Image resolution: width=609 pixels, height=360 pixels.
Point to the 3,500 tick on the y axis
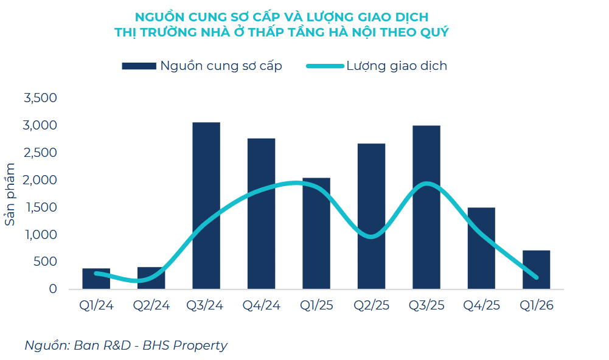tap(40, 98)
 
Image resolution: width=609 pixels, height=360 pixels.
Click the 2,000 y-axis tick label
tap(40, 180)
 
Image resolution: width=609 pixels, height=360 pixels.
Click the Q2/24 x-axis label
tap(151, 305)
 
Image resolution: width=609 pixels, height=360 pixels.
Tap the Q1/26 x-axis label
tap(536, 305)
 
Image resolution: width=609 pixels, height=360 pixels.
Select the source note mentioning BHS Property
tap(125, 345)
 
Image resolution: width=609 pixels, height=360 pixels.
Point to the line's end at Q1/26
tap(536, 277)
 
